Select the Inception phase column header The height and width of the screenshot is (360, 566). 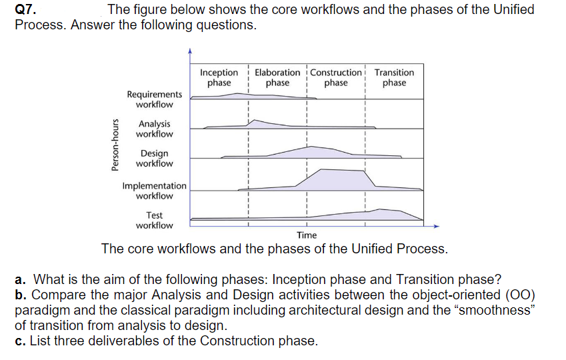219,77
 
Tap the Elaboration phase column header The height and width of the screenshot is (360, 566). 277,77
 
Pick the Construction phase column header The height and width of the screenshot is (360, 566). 336,77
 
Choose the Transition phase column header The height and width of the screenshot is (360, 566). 394,77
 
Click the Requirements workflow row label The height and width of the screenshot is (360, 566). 154,99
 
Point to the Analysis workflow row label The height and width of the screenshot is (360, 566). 154,129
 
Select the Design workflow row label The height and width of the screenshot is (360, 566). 154,159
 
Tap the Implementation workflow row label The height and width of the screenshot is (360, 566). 154,191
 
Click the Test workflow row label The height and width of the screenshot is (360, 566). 154,220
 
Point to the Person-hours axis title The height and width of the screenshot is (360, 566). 115,145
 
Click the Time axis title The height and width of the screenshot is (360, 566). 307,235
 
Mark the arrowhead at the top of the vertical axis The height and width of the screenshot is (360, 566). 190,51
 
